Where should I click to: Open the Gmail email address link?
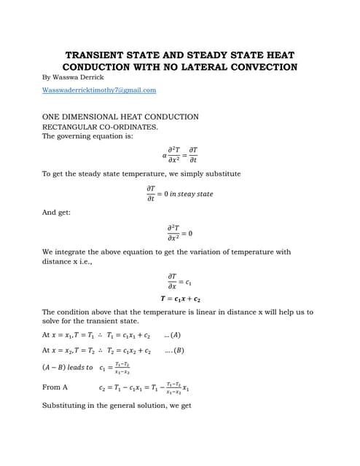click(x=99, y=90)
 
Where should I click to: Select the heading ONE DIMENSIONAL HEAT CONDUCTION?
click(x=120, y=116)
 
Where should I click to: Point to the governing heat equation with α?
click(x=180, y=154)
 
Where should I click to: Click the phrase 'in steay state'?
click(x=192, y=194)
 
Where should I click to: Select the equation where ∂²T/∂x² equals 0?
click(x=180, y=233)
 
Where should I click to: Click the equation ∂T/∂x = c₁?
click(x=179, y=281)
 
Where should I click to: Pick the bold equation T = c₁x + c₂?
click(x=180, y=299)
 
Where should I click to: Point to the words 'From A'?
click(x=55, y=387)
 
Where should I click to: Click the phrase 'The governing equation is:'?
click(x=87, y=135)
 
